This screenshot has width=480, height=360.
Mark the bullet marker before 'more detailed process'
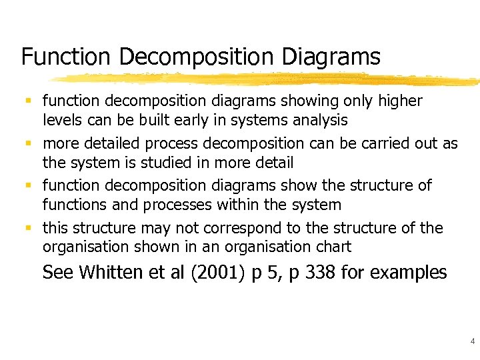[28, 143]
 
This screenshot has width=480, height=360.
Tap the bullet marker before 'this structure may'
[28, 228]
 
